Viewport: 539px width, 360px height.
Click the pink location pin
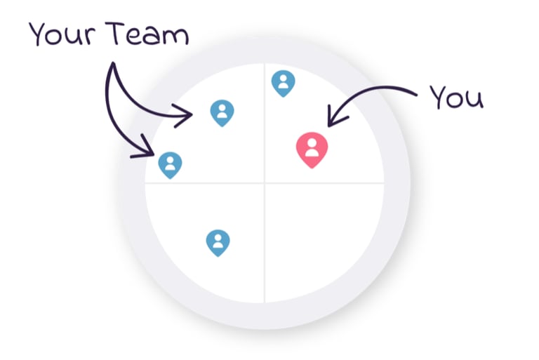click(x=312, y=148)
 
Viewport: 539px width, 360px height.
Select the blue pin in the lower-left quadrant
click(x=218, y=242)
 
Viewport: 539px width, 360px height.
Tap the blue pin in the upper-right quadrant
click(x=283, y=82)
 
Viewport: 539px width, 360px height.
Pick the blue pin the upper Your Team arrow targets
click(x=222, y=112)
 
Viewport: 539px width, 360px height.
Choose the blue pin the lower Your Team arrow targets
click(x=170, y=164)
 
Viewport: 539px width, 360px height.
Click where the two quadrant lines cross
click(x=265, y=183)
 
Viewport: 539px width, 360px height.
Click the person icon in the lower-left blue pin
click(x=218, y=241)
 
